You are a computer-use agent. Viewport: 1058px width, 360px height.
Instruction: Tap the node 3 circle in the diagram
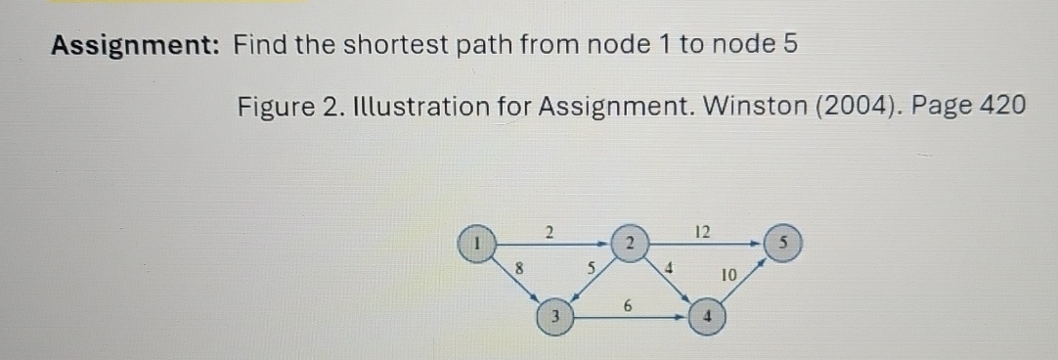[554, 316]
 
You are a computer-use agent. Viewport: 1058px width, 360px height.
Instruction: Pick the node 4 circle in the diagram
[707, 316]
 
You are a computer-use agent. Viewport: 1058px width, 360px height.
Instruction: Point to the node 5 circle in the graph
[785, 242]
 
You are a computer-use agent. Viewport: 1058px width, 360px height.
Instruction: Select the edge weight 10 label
[728, 277]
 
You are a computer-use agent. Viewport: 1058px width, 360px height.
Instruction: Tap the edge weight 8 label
[520, 264]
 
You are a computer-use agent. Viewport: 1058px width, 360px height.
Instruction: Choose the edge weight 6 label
[629, 306]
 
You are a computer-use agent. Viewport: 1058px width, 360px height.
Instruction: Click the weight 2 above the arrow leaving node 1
[550, 231]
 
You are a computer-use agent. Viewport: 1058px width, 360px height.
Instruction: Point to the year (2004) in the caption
[858, 105]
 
